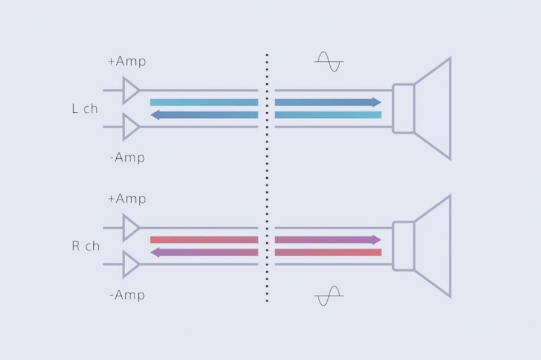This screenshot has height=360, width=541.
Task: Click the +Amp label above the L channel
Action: (x=126, y=61)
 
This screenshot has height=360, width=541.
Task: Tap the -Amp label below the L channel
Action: (x=127, y=158)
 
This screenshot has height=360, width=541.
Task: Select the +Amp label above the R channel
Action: (x=126, y=199)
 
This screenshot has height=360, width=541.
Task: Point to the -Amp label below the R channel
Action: (x=127, y=294)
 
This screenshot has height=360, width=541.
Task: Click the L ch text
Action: (x=84, y=109)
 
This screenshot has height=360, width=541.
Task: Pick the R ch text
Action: (x=86, y=246)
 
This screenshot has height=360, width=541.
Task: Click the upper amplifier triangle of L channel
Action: (x=131, y=91)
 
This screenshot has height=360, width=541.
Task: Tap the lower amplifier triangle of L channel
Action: (x=131, y=127)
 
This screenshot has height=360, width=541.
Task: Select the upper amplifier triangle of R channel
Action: (x=131, y=228)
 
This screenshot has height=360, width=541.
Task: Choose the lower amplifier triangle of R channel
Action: (x=131, y=264)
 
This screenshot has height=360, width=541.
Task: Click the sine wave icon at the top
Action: (x=328, y=61)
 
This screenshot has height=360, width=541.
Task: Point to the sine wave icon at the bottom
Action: (x=328, y=296)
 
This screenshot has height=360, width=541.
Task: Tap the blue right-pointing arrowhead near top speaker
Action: (x=377, y=102)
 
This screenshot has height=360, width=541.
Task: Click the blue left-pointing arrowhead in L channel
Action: (x=155, y=115)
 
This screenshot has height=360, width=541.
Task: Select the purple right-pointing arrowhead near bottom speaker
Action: (x=377, y=240)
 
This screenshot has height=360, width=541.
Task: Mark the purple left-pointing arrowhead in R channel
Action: (x=155, y=253)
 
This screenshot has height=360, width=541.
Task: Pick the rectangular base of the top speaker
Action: (x=403, y=109)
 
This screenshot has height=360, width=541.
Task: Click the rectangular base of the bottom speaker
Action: (x=403, y=246)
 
